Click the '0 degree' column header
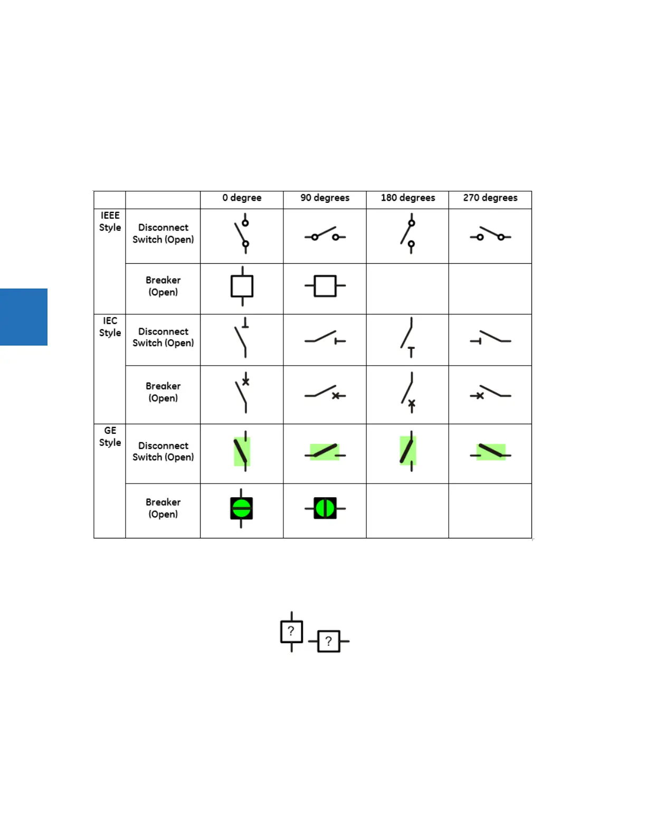[242, 198]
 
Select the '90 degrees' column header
[325, 198]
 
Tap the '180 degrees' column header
[408, 198]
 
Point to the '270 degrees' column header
[490, 198]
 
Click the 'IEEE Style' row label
[110, 221]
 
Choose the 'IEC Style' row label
[110, 327]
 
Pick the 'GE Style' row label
[110, 436]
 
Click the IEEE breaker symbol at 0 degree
[242, 286]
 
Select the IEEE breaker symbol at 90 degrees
[325, 286]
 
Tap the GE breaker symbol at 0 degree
[241, 508]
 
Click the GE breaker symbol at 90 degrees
[325, 508]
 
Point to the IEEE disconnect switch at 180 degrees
[408, 233]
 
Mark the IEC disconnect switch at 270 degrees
[490, 338]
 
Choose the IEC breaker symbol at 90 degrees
[325, 393]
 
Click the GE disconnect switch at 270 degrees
[490, 452]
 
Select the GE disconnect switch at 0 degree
[242, 451]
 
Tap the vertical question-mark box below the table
[291, 631]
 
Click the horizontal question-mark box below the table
[329, 641]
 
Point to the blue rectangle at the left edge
[24, 317]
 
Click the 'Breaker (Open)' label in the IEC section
[163, 392]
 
